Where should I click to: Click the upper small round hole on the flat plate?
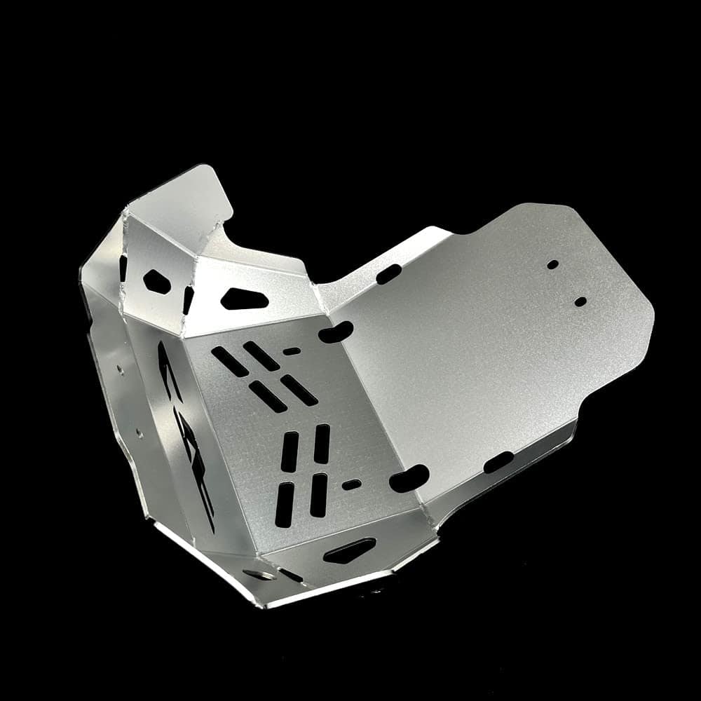(553, 265)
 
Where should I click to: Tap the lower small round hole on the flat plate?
(580, 301)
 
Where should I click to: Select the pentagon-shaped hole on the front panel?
(157, 281)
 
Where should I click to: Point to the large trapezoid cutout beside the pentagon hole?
(245, 299)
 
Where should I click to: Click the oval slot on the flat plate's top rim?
(389, 274)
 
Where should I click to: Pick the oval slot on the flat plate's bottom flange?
(498, 462)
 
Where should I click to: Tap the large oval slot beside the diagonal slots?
(336, 332)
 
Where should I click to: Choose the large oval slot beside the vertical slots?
(409, 478)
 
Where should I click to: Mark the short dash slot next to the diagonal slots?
(292, 351)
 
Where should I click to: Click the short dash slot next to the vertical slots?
(351, 484)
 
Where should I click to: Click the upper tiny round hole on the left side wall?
(121, 367)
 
